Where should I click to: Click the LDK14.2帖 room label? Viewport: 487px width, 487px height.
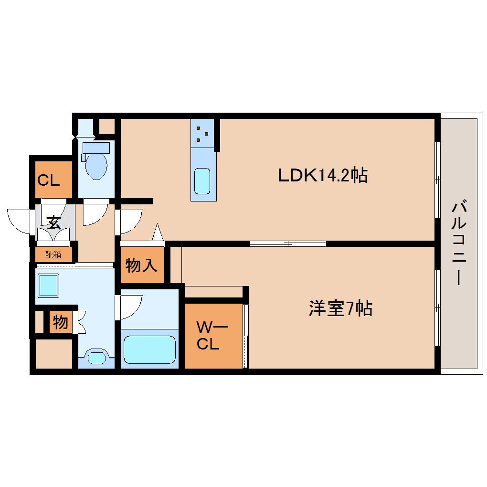point(323,176)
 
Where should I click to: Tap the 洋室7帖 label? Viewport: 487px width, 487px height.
point(340,309)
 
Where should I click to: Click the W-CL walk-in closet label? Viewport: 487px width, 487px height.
point(213,335)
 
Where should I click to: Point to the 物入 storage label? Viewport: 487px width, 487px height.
point(142,265)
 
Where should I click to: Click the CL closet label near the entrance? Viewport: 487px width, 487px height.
point(49,181)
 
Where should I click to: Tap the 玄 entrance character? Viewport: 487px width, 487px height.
point(53,222)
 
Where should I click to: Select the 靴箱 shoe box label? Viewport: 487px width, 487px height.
point(53,254)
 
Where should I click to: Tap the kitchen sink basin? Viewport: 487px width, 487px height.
point(203,181)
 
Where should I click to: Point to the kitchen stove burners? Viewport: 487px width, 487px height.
point(203,134)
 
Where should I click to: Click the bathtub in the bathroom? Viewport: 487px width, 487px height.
point(149,350)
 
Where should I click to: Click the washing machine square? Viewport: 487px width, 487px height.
point(48,285)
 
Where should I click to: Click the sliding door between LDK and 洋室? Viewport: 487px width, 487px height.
point(288,243)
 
